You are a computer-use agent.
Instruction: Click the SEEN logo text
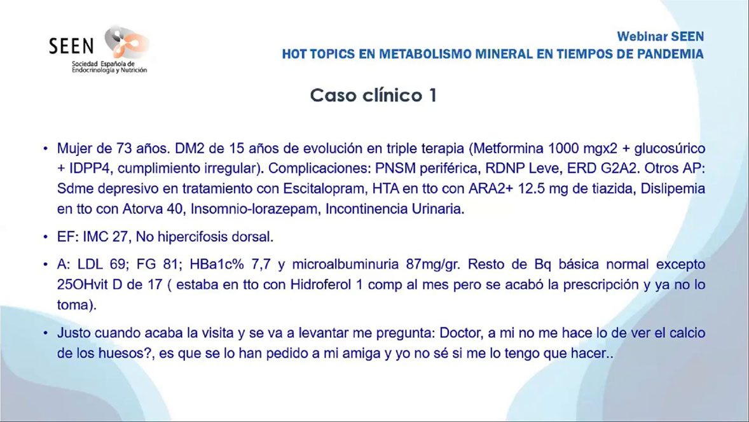tap(71, 46)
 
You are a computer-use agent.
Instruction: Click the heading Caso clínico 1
tap(373, 95)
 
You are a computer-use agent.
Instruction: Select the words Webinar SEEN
tap(660, 36)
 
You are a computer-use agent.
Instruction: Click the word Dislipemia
tap(673, 188)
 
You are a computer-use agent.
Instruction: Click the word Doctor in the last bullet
tap(460, 333)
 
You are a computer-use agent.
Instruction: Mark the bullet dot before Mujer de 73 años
tap(45, 149)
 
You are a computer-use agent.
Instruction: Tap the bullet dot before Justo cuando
tap(45, 334)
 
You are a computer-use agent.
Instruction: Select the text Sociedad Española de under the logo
tap(103, 64)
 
